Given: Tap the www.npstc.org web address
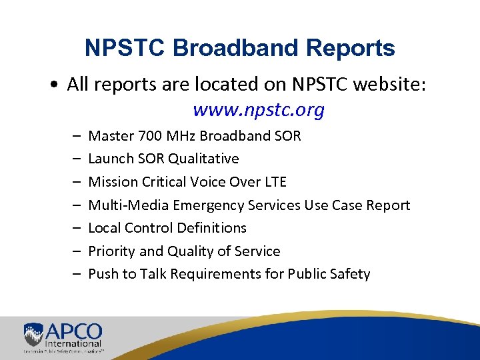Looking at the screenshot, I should click(258, 110).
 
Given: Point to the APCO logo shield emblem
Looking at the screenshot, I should click(33, 334).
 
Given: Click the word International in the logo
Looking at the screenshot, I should click(77, 342).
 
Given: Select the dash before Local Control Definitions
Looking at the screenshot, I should click(77, 228).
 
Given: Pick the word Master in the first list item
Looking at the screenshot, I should click(111, 136).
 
